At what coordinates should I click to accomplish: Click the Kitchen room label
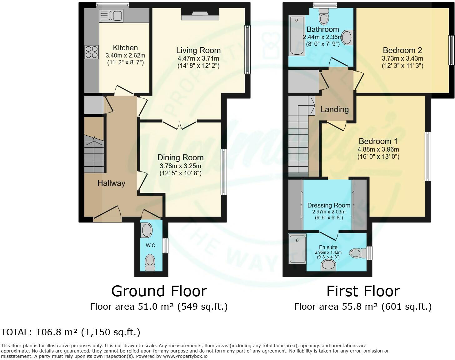(x=125, y=48)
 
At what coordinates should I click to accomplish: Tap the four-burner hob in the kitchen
(x=91, y=52)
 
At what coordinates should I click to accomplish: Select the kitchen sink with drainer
(x=111, y=16)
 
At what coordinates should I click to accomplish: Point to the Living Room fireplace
(x=200, y=15)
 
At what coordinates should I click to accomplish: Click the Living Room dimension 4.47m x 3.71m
(x=198, y=58)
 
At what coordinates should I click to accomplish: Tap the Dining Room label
(x=180, y=158)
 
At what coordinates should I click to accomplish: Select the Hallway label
(x=111, y=183)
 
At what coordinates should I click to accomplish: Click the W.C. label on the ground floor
(x=151, y=246)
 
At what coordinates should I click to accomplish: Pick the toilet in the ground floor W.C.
(x=150, y=263)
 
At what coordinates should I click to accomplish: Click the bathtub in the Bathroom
(x=297, y=36)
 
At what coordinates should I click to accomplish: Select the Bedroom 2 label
(x=402, y=50)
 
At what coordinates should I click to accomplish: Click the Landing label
(x=334, y=109)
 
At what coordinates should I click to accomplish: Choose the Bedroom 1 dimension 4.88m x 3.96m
(x=378, y=149)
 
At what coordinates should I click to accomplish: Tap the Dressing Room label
(x=329, y=205)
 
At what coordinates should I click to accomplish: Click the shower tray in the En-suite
(x=297, y=249)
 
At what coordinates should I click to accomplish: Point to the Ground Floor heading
(x=159, y=291)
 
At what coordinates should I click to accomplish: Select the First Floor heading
(x=363, y=291)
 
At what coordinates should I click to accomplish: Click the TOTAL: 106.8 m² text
(x=71, y=332)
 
